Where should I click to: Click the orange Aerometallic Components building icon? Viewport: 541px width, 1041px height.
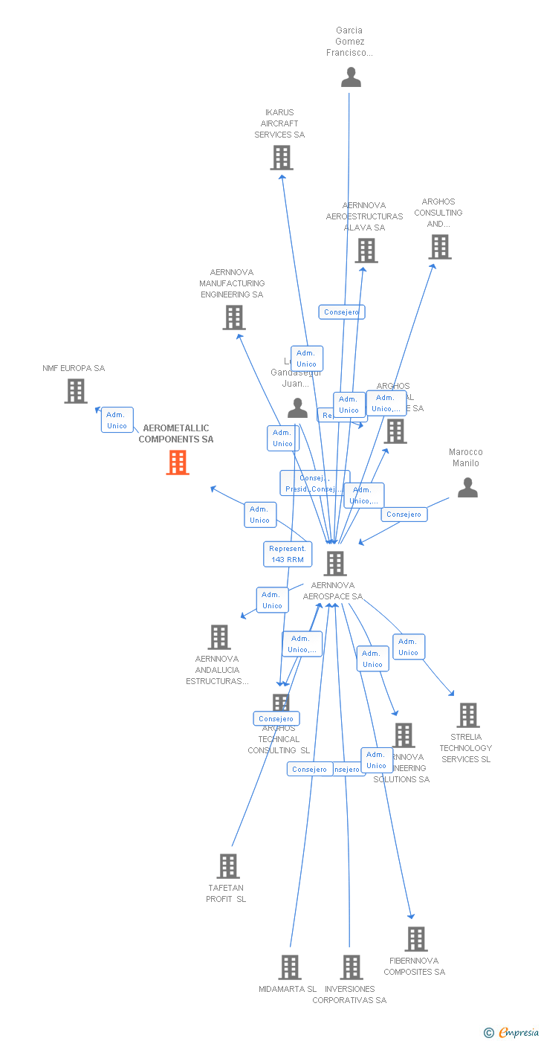(x=177, y=463)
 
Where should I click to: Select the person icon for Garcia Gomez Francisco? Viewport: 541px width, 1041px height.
(x=351, y=77)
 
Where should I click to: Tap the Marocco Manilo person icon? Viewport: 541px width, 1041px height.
(x=467, y=488)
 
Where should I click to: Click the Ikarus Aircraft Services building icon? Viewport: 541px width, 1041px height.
(x=281, y=158)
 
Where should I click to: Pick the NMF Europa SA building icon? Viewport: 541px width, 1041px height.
(x=75, y=391)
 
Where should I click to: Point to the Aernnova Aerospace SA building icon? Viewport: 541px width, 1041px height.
(x=335, y=564)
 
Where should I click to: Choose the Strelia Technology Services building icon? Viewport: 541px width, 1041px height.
(x=467, y=715)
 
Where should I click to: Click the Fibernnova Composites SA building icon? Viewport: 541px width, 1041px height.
(x=415, y=939)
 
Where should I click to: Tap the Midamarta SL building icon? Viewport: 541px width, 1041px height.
(x=289, y=967)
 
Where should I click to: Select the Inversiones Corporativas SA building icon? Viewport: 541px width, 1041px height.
(x=351, y=967)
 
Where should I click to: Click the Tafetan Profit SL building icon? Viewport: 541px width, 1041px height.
(x=227, y=866)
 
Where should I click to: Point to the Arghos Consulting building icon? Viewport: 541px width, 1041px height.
(x=439, y=247)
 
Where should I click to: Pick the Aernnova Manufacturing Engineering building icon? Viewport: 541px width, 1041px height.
(x=233, y=318)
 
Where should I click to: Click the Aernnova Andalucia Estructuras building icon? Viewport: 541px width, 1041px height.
(x=218, y=637)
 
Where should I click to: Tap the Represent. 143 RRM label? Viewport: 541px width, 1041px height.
(x=288, y=554)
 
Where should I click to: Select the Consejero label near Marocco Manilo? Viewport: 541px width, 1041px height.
(x=404, y=515)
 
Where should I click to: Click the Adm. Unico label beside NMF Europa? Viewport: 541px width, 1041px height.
(x=117, y=420)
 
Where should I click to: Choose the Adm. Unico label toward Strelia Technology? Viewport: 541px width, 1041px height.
(x=408, y=647)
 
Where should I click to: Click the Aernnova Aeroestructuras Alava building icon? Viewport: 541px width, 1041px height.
(x=366, y=251)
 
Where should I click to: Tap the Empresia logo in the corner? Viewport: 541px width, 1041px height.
(x=513, y=1032)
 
